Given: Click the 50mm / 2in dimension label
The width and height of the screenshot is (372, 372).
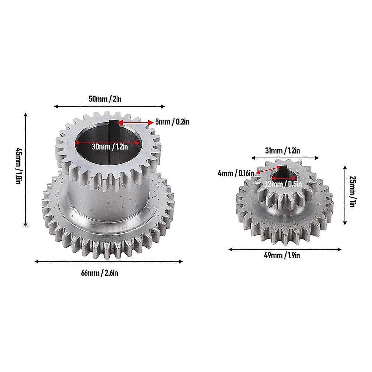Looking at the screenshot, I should click(109, 99).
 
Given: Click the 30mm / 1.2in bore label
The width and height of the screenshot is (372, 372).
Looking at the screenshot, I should click(110, 146).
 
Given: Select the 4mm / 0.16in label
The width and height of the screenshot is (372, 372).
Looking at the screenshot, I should click(236, 172).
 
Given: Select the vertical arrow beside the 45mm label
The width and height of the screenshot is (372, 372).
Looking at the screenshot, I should click(25, 169).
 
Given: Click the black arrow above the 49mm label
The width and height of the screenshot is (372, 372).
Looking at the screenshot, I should click(284, 249).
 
